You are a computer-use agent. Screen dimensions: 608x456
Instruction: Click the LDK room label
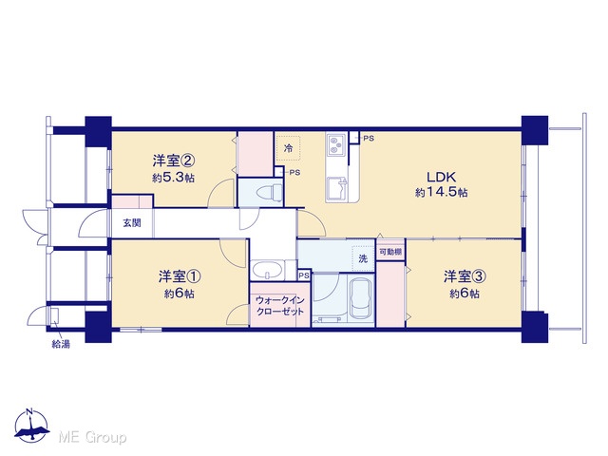click(x=441, y=177)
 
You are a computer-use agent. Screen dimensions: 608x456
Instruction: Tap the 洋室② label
click(x=173, y=161)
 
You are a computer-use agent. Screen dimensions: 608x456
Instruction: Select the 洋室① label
click(x=180, y=276)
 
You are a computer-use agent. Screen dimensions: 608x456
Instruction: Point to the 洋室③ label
click(x=465, y=276)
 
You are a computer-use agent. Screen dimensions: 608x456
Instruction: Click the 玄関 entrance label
click(x=132, y=223)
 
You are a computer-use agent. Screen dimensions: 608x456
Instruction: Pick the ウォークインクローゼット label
click(x=279, y=306)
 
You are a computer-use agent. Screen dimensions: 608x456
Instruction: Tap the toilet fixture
click(x=270, y=192)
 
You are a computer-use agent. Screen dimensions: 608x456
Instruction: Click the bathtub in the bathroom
click(x=361, y=299)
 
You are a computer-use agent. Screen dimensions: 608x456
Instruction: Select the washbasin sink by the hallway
click(x=268, y=269)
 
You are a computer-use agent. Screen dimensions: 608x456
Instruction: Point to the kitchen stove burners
click(x=335, y=144)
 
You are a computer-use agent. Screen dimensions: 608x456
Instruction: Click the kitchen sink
click(x=337, y=189)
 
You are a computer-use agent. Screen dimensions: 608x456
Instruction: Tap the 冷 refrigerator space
click(x=288, y=148)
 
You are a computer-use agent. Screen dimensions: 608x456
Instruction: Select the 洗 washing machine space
click(x=363, y=258)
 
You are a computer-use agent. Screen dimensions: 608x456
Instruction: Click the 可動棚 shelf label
click(x=390, y=253)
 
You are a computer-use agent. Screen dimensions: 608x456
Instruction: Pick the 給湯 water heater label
click(x=61, y=344)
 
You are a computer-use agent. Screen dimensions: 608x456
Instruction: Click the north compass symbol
click(x=31, y=426)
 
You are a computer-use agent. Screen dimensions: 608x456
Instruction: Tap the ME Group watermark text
click(x=92, y=437)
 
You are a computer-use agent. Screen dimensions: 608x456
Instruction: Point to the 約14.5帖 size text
click(x=441, y=192)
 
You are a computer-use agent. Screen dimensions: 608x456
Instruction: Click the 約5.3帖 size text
click(x=173, y=178)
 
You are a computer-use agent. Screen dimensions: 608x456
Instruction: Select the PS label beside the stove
click(x=369, y=138)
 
